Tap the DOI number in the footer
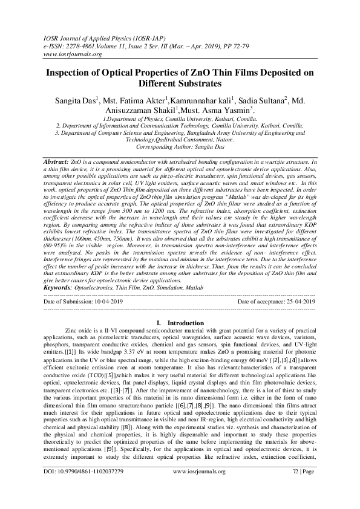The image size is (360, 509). [91, 487]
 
